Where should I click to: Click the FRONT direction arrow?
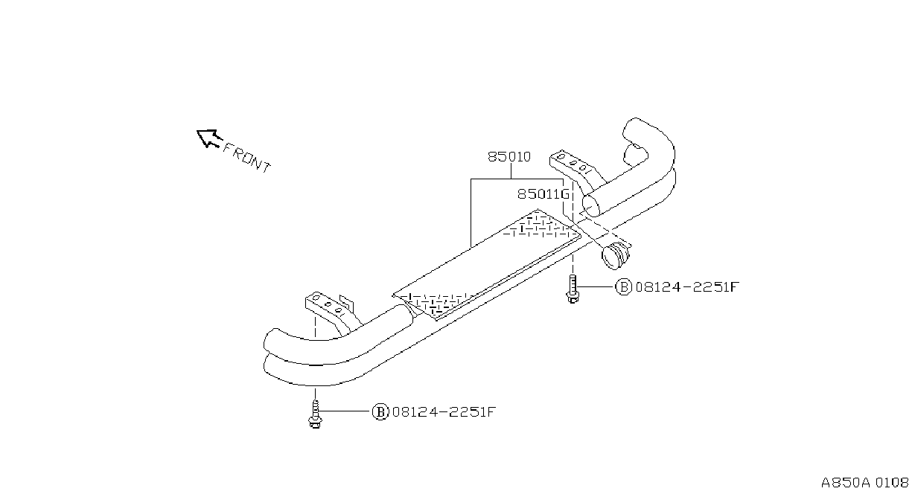coord(208,138)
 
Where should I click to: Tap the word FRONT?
coord(246,158)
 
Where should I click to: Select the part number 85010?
coord(509,157)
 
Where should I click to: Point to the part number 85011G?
coord(543,194)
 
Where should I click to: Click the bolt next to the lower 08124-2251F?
coord(314,414)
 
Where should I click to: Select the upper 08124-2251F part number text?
coord(687,287)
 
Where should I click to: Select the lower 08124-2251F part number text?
coord(444,412)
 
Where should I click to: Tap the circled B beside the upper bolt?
coord(623,287)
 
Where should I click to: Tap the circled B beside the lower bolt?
coord(380,412)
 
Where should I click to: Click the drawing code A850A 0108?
coord(864,483)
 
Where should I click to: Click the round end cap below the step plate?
coord(615,255)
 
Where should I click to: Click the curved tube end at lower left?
coord(294,355)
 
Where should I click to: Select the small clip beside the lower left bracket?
coord(346,302)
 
